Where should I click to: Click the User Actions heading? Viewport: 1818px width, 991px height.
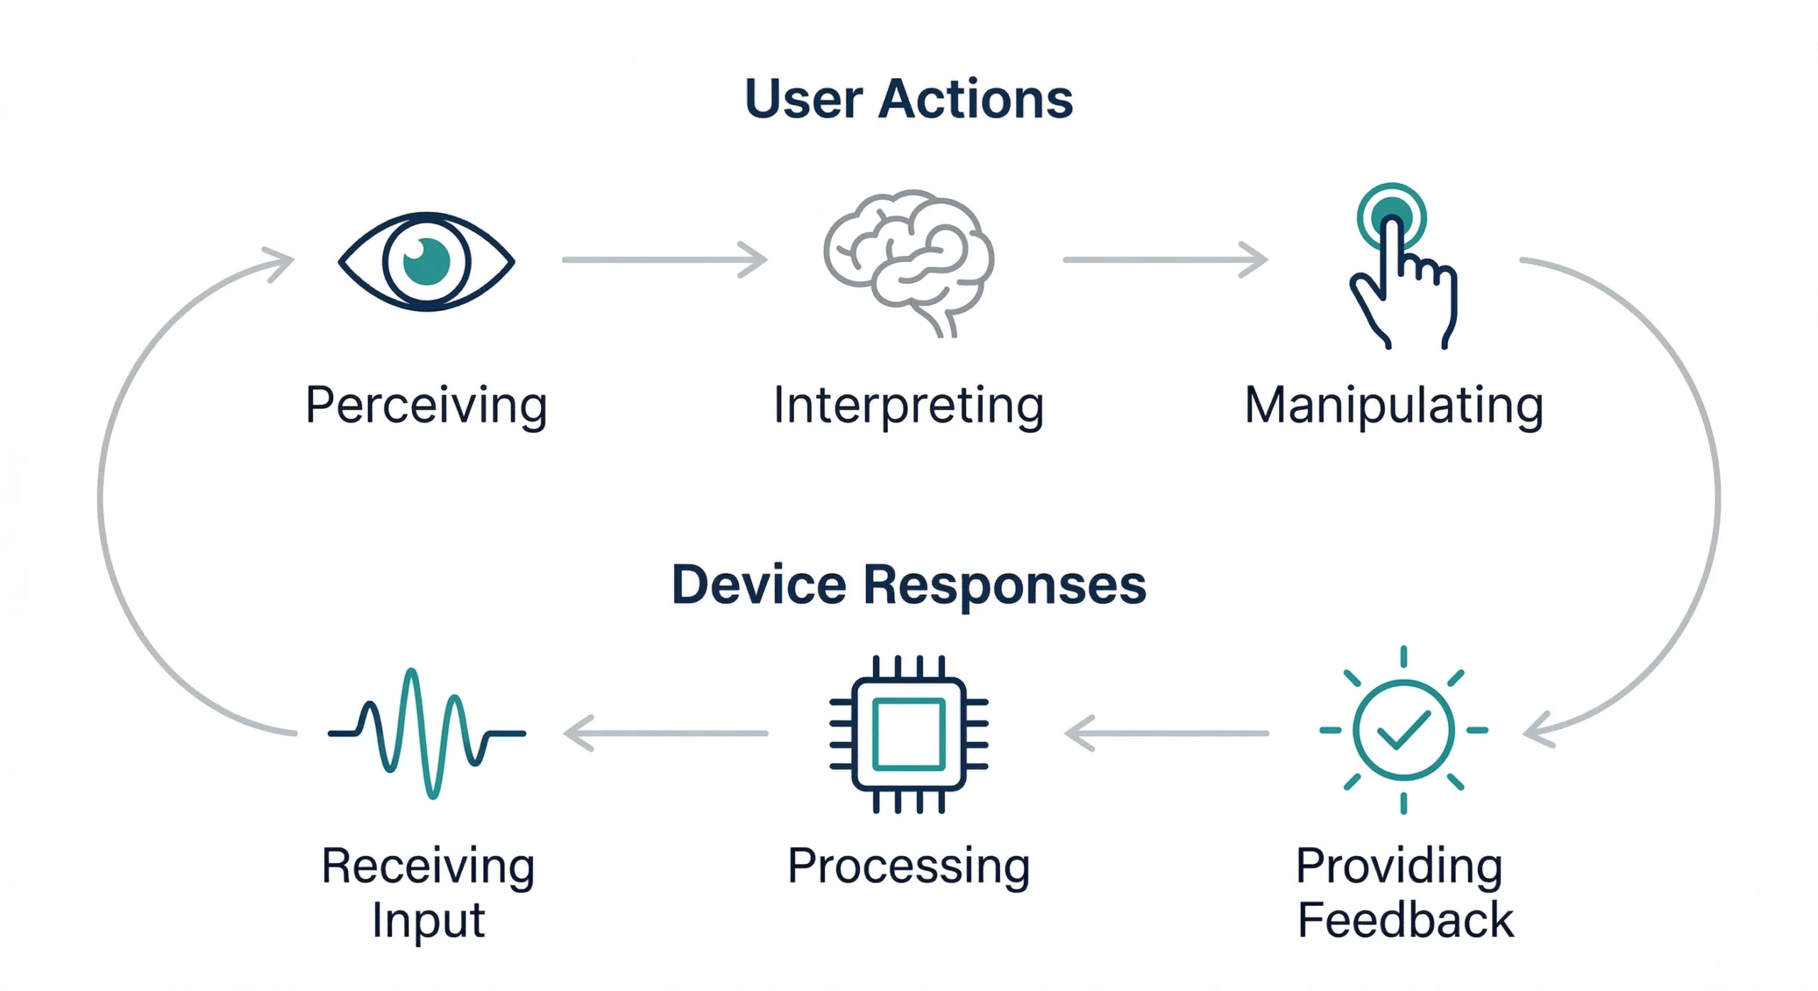(908, 99)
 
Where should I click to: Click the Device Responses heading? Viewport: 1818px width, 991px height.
(908, 585)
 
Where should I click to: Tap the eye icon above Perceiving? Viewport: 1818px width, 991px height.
(426, 261)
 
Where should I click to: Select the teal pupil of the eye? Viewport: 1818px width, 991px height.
(427, 261)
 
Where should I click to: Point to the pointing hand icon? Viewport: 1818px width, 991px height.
(1403, 284)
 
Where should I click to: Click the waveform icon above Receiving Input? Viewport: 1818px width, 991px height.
(426, 733)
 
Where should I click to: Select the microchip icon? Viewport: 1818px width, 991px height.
(908, 734)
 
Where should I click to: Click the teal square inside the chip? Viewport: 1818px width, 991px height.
(908, 734)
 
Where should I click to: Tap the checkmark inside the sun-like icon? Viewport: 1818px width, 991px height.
(1403, 730)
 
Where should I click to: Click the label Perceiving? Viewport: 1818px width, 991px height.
(426, 405)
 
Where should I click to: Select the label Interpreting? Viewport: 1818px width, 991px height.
(908, 405)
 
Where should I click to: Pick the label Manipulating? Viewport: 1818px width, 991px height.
(1394, 405)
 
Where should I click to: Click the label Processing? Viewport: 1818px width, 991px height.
(908, 866)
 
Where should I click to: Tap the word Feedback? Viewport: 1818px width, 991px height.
(1405, 920)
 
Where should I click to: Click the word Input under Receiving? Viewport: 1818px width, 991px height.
(428, 921)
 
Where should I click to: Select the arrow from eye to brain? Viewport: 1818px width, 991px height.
(664, 260)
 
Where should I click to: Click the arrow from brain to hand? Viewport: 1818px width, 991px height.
(1165, 260)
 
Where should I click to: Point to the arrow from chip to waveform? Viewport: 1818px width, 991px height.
(665, 733)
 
